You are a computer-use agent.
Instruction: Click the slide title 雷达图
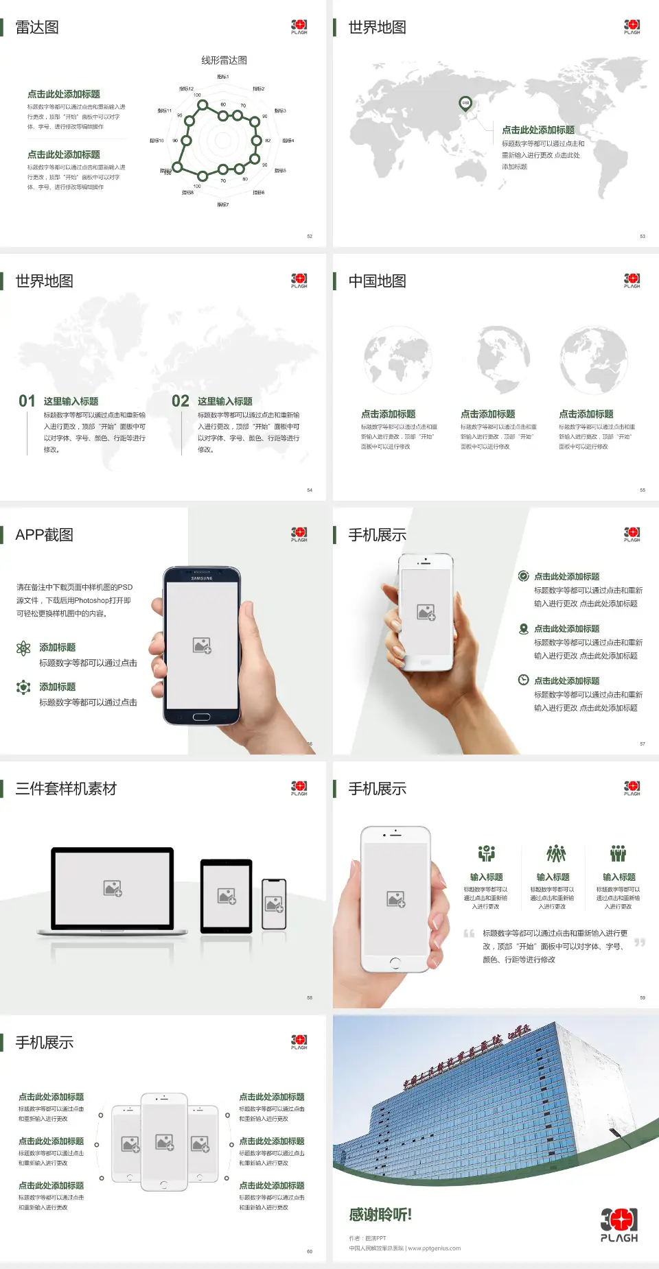click(x=37, y=27)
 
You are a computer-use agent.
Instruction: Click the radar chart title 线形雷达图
click(x=224, y=60)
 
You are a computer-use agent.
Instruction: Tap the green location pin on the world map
click(x=465, y=104)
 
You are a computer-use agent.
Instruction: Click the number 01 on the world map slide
click(x=27, y=401)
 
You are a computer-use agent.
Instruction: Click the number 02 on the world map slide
click(x=181, y=401)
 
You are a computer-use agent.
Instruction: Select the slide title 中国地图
click(x=377, y=281)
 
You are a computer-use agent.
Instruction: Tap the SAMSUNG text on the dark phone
click(x=202, y=578)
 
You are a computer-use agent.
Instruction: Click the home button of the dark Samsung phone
click(x=201, y=717)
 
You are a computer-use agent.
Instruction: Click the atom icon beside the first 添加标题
click(x=24, y=648)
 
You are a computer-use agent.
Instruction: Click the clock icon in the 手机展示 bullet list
click(x=523, y=680)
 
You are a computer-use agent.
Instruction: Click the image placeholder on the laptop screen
click(x=113, y=888)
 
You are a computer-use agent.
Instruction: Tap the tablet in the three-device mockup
click(x=227, y=895)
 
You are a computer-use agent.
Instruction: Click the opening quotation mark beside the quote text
click(x=469, y=934)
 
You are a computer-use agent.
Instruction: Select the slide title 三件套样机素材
click(x=66, y=789)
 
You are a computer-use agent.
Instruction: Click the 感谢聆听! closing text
click(x=380, y=1215)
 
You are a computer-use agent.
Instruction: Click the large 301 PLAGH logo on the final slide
click(x=619, y=1225)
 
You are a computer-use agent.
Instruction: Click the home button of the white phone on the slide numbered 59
click(x=395, y=963)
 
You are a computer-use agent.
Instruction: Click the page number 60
click(x=310, y=1251)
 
